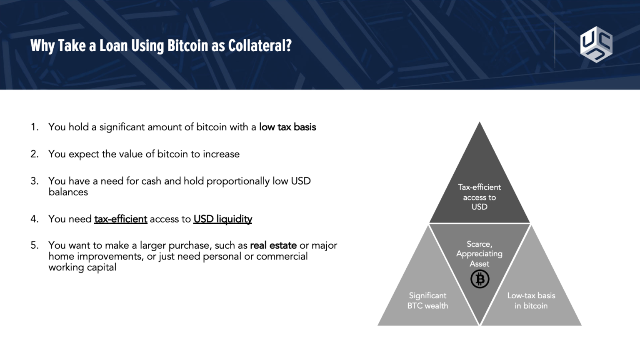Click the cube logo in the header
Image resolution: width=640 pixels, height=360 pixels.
pos(596,44)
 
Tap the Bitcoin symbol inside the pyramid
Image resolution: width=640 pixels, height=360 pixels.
pos(480,279)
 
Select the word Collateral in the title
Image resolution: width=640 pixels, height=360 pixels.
pos(260,46)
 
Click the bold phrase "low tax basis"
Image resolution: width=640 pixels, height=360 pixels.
pos(287,127)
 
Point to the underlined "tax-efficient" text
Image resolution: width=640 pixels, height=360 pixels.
pos(120,219)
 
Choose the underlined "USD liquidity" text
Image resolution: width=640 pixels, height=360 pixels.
pos(223,219)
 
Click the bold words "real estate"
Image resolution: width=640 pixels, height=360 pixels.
pos(273,245)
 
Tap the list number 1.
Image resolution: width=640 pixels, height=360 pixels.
pos(35,127)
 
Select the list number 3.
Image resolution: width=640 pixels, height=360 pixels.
pos(35,181)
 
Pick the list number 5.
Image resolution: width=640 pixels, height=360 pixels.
pos(35,245)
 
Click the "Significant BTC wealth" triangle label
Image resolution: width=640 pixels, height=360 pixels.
pos(427,300)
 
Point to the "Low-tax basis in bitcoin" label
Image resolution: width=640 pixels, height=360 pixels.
pos(531,300)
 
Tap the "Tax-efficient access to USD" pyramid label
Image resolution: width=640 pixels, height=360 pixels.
pos(480,197)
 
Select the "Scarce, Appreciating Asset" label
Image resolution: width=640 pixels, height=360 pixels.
pos(480,254)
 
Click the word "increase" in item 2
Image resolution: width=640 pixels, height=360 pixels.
pos(221,154)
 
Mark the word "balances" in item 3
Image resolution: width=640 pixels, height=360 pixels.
pos(68,192)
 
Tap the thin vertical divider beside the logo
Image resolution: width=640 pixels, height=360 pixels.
pos(555,44)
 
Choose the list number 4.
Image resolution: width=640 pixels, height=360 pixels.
pos(35,219)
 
